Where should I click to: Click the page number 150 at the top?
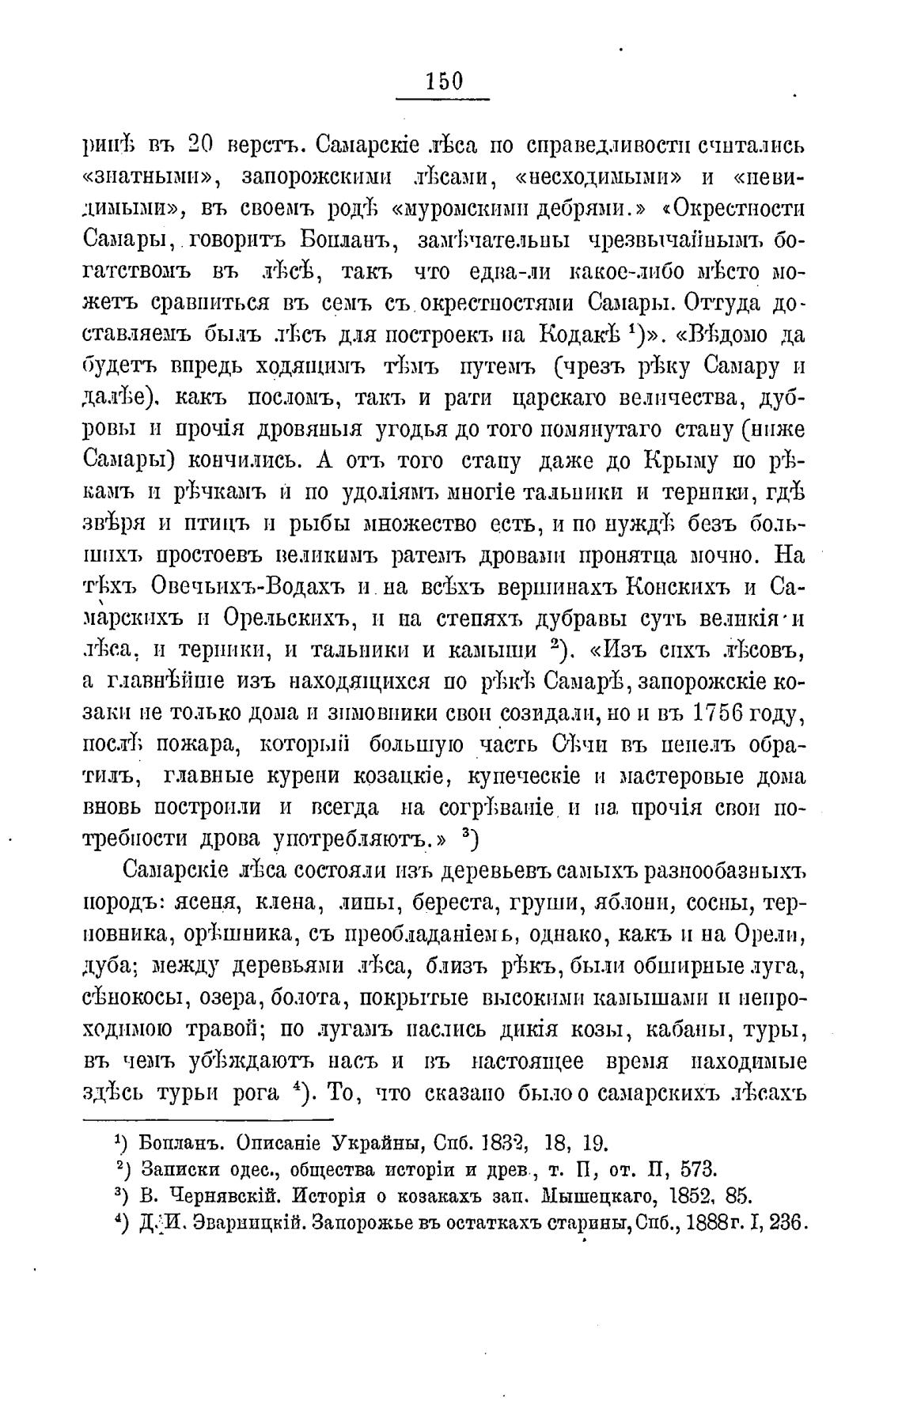tap(443, 81)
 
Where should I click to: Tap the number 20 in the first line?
tap(207, 146)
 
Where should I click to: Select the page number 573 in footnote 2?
tap(698, 1168)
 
